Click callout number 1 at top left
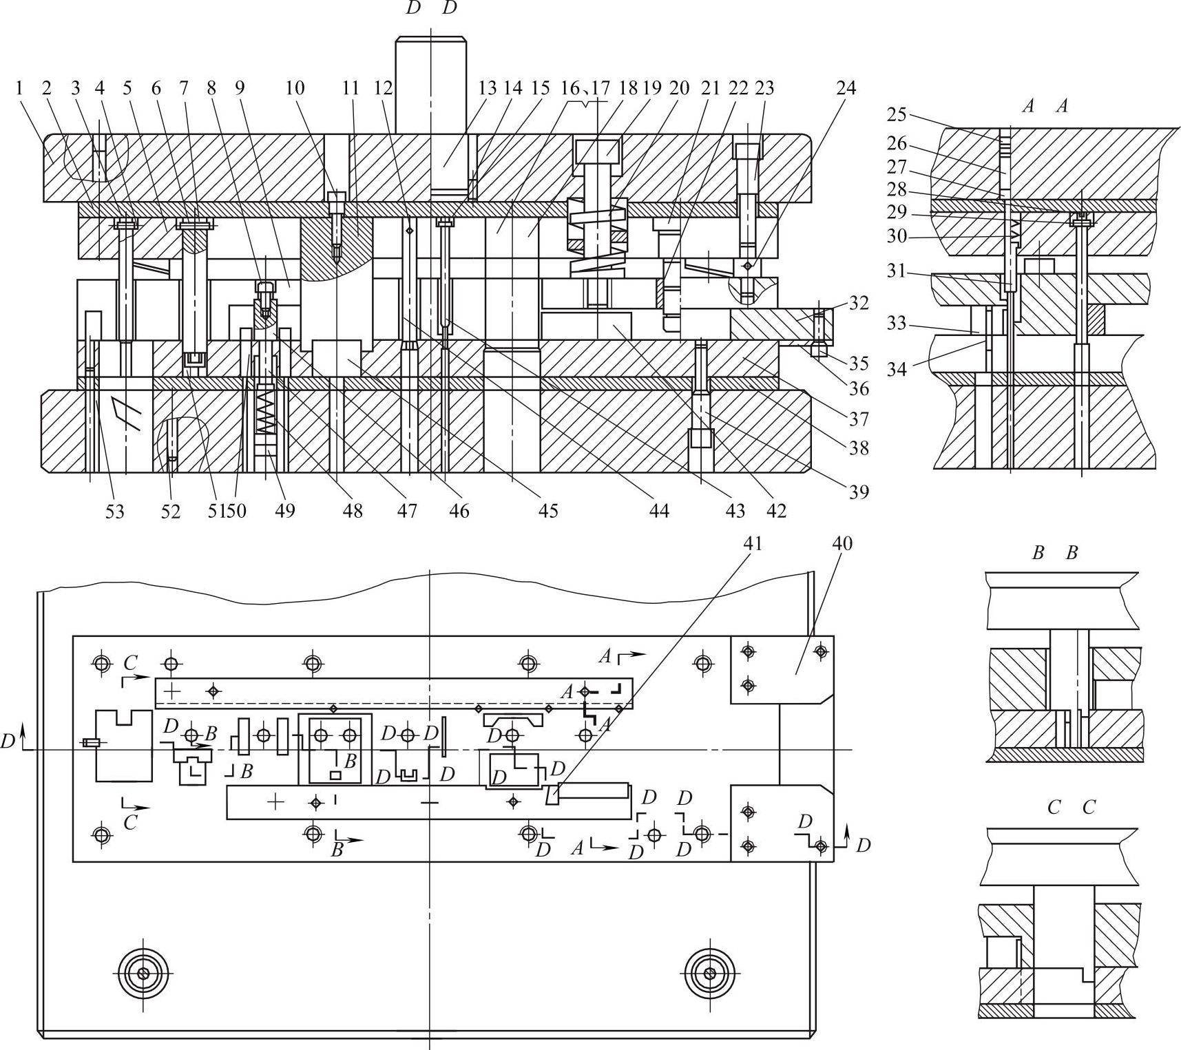tap(19, 88)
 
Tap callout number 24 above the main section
tap(846, 88)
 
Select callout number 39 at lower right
tap(859, 492)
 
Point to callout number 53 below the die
tap(115, 511)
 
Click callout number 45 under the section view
tap(548, 511)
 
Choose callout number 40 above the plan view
tap(842, 543)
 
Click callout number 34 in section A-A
tap(896, 369)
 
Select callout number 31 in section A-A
tap(896, 271)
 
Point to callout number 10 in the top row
tap(295, 88)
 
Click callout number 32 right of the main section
tap(858, 303)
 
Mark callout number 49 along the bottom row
tap(284, 511)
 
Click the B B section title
tap(1054, 553)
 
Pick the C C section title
tap(1071, 807)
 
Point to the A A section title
tap(1045, 105)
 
